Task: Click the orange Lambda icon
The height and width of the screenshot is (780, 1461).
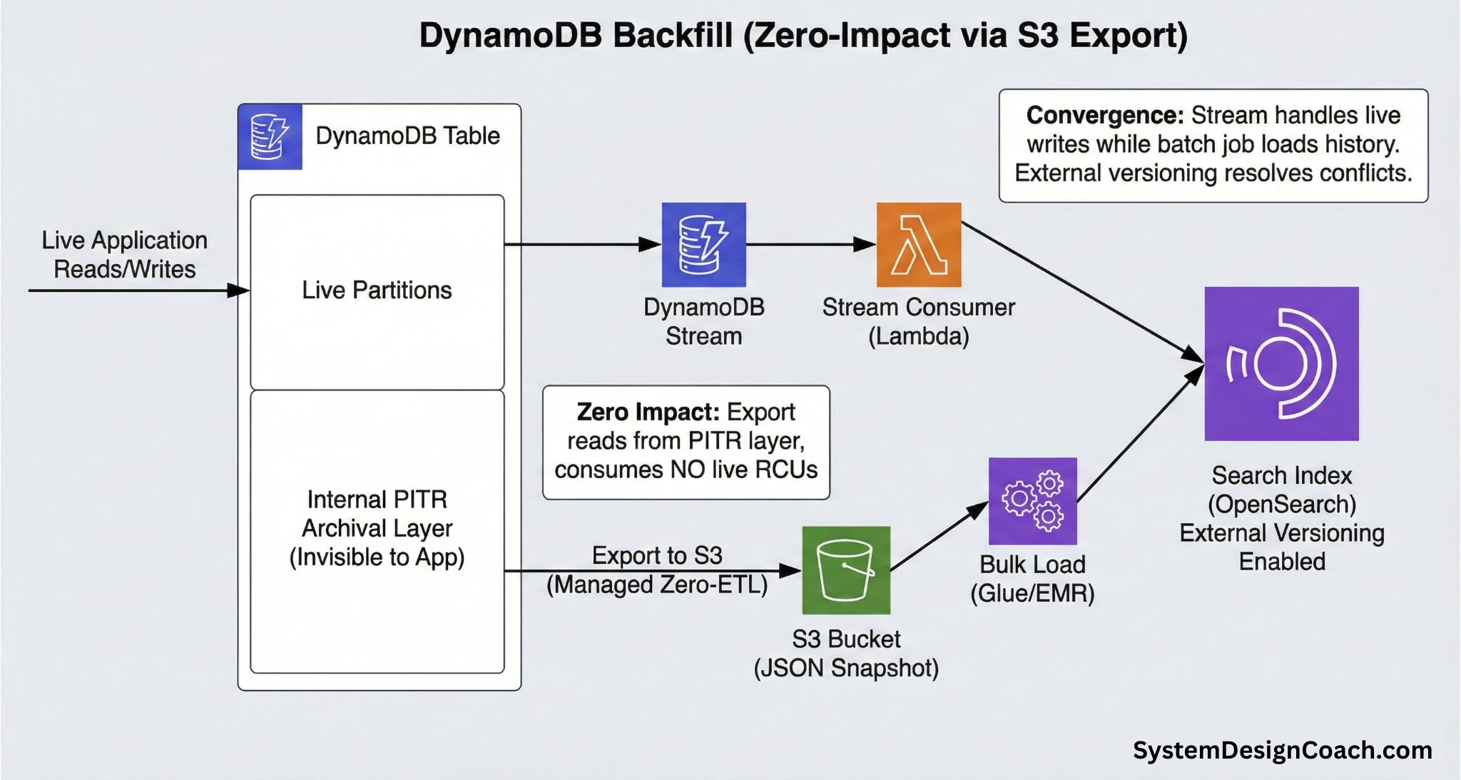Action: click(x=918, y=245)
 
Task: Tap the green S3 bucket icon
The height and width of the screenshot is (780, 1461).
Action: click(x=846, y=570)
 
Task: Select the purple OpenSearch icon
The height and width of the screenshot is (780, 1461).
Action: click(x=1281, y=363)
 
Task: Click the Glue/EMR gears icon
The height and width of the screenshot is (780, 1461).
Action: click(x=1032, y=501)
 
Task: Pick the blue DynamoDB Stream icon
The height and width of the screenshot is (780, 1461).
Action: click(x=703, y=245)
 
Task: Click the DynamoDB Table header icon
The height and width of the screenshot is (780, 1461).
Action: click(x=270, y=136)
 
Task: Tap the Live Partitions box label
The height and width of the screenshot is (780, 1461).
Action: click(x=377, y=290)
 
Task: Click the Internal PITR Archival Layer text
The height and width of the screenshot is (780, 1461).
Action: click(x=377, y=528)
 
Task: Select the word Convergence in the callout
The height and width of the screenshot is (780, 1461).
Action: click(x=1104, y=116)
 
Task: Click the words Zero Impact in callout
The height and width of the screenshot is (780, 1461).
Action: click(x=647, y=412)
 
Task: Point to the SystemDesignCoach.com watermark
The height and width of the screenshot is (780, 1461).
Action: click(x=1282, y=750)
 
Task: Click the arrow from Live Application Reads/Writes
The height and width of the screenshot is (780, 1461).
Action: click(x=136, y=290)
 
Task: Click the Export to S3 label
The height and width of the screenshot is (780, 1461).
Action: click(x=657, y=556)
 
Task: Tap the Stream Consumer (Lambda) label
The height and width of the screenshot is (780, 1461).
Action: click(x=918, y=321)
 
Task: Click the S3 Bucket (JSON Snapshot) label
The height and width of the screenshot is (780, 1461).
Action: click(x=846, y=653)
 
